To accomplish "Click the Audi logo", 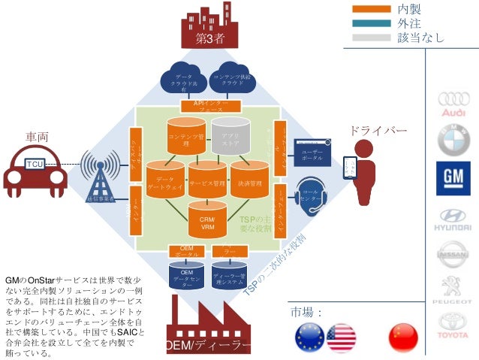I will (x=453, y=103).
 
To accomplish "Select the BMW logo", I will (x=453, y=141).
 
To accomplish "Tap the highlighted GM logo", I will (x=453, y=178).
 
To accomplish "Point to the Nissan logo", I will (x=453, y=254).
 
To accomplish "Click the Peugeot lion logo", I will (x=453, y=289).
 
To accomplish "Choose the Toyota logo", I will (x=453, y=325).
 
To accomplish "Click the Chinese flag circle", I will (x=402, y=337).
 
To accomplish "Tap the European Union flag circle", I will (x=309, y=337).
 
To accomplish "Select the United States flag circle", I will (x=341, y=337).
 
